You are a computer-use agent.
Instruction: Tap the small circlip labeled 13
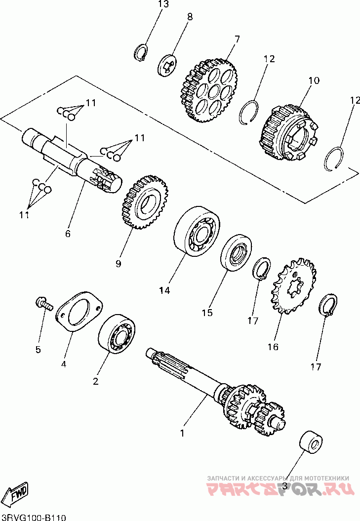coord(141,53)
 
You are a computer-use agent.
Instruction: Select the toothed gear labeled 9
coord(145,201)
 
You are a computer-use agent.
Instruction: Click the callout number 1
coord(182,434)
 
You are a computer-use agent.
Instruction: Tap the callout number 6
coord(68,233)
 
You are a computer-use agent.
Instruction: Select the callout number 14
coord(164,291)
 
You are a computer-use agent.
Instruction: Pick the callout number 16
coord(273,347)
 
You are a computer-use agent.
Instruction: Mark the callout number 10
coord(314,80)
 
